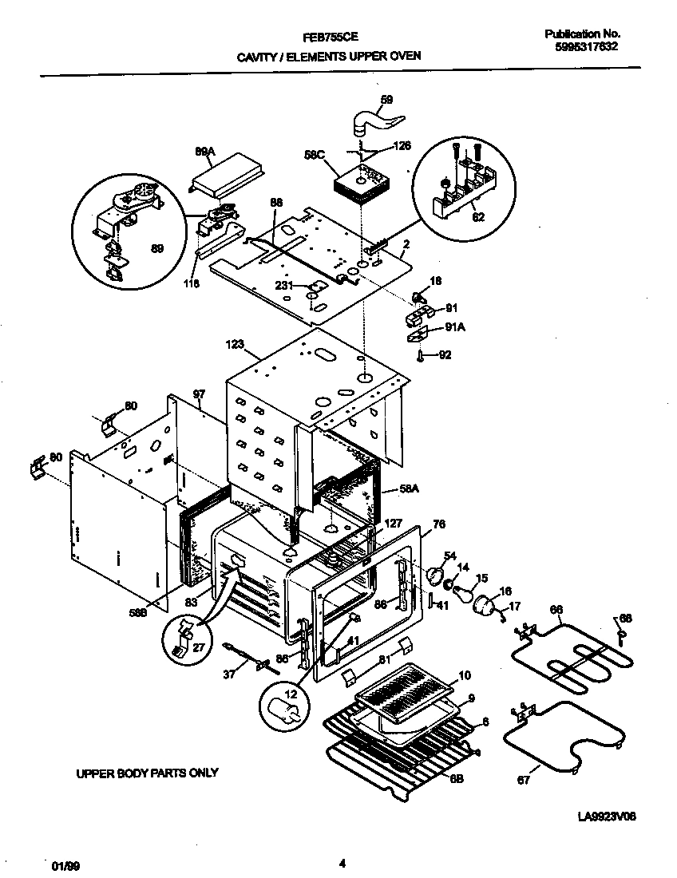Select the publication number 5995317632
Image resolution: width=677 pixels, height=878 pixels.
(x=586, y=46)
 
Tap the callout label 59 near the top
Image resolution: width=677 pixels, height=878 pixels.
(x=386, y=100)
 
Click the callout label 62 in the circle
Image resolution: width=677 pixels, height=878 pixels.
(x=477, y=215)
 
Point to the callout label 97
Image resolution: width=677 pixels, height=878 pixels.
(x=199, y=394)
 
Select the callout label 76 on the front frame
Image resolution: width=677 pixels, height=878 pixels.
(x=437, y=524)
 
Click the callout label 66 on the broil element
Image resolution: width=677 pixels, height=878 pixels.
(x=556, y=608)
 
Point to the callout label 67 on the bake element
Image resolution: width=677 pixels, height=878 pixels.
(x=524, y=780)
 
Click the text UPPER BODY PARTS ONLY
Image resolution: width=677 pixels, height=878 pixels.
(x=147, y=773)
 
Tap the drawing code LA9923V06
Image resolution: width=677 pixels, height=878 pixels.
(x=608, y=817)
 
